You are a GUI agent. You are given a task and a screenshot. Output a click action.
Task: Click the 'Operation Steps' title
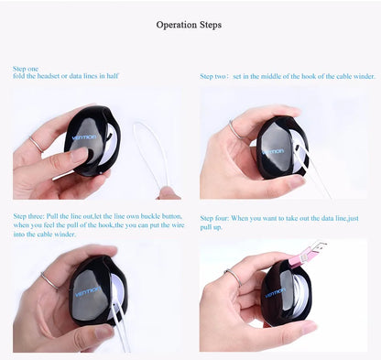[x=189, y=25]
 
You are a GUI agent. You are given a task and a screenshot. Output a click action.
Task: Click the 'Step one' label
[x=26, y=69]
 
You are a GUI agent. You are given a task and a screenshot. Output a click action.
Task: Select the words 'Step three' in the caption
[x=30, y=217]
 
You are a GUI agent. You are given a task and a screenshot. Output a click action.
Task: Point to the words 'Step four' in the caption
[x=218, y=217]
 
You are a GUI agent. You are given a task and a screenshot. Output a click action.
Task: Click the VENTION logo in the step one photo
[x=83, y=140]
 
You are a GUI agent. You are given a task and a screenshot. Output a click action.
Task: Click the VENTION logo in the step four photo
[x=275, y=294]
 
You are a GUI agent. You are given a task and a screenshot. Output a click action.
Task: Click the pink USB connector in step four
[x=304, y=259]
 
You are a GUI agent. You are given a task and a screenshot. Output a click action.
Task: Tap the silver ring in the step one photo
[x=36, y=144]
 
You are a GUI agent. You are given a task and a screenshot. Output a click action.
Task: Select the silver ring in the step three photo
[x=49, y=282]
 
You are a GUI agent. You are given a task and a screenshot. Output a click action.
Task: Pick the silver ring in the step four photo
[x=232, y=278]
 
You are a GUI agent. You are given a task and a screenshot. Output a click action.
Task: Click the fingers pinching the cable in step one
[x=168, y=192]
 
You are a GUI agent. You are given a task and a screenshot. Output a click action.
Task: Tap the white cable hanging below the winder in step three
[x=119, y=334]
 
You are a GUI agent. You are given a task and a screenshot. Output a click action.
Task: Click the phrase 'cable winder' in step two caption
[x=354, y=76]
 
